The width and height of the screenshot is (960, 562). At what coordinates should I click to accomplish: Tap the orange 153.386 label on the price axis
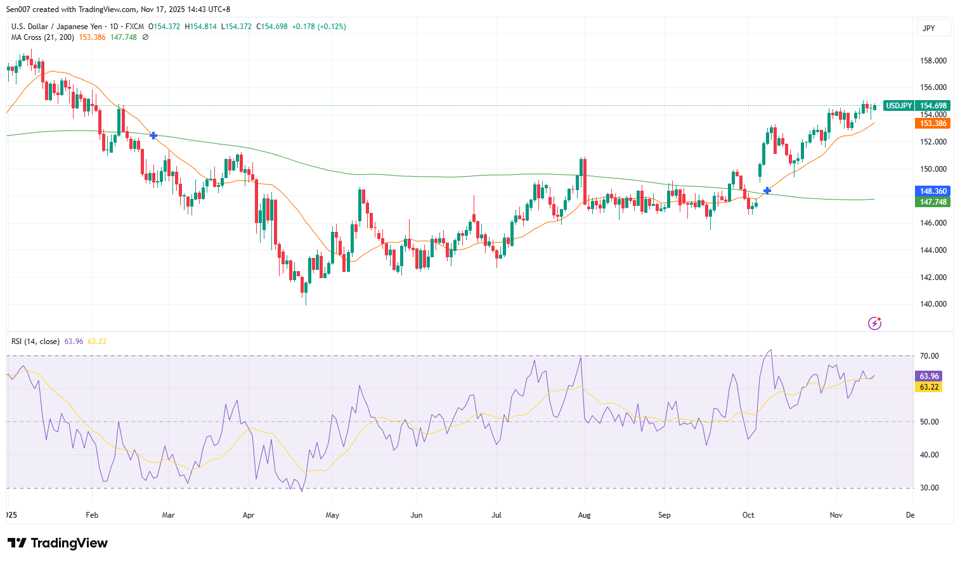click(933, 124)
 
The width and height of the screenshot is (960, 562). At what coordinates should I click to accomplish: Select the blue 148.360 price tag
click(933, 191)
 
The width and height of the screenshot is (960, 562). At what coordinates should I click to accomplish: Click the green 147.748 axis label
click(933, 202)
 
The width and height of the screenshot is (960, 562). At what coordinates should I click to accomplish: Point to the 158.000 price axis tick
click(933, 61)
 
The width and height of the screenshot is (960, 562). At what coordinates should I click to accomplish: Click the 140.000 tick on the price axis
click(933, 304)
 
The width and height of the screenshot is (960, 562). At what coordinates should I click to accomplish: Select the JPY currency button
click(929, 29)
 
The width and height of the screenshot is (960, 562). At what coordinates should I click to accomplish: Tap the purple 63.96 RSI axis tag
click(929, 376)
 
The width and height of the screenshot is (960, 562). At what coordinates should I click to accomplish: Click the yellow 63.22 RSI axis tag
click(929, 387)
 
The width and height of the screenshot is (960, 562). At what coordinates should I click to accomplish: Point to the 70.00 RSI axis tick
click(929, 356)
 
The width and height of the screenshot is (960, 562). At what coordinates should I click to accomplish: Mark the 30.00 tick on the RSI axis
click(929, 488)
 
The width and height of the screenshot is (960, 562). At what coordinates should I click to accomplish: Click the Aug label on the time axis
click(584, 515)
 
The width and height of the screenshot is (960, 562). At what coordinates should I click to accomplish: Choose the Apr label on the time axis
click(249, 515)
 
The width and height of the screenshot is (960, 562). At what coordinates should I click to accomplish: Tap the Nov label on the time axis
click(836, 515)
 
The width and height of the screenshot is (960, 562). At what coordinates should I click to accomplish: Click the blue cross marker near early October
click(767, 191)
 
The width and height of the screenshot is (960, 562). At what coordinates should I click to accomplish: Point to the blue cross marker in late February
click(153, 136)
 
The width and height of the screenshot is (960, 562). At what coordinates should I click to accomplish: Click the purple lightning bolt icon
click(875, 324)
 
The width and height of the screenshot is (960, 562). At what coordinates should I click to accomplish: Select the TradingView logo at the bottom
click(58, 543)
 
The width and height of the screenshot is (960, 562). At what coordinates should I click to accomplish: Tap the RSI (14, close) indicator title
click(36, 342)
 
